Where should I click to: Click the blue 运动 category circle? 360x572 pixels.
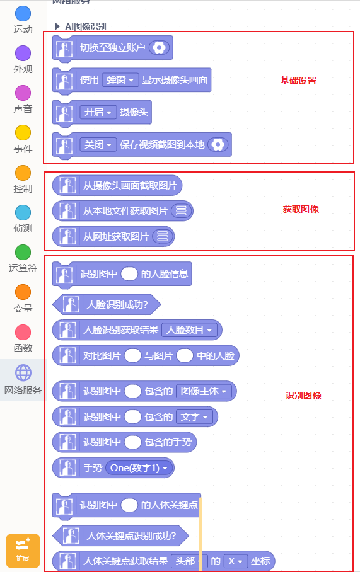click(23, 13)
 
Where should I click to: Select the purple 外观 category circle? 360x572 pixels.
click(23, 54)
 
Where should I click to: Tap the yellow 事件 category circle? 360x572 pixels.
click(23, 133)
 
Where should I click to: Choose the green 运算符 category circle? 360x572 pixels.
click(23, 252)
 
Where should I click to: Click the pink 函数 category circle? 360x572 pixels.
click(23, 332)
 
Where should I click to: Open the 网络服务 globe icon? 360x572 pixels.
click(23, 373)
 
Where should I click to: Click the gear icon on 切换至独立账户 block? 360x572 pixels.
click(159, 47)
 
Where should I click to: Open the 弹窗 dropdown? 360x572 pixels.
click(120, 79)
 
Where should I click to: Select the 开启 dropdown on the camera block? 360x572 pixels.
click(98, 112)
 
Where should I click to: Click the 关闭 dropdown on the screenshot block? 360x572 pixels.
click(98, 144)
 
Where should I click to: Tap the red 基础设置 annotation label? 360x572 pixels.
click(298, 81)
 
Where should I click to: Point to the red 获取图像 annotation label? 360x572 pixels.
click(301, 209)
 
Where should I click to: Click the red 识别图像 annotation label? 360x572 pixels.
click(303, 396)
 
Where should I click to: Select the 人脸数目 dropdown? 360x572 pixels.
click(189, 329)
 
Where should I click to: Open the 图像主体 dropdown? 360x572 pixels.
click(204, 391)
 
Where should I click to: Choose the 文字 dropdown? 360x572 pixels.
click(194, 416)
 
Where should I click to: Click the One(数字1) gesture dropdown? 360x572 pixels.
click(139, 467)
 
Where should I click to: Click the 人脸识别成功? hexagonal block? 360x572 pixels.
click(107, 304)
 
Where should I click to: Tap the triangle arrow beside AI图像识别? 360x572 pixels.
click(57, 26)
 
